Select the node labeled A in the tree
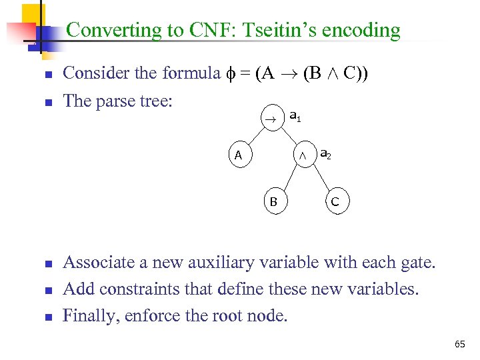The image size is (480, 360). point(239,156)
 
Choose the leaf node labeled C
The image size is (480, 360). point(335,201)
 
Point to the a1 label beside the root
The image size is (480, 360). point(294,116)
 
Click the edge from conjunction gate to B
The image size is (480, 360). point(288,178)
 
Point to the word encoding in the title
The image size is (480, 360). point(365,31)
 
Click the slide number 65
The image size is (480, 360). point(459,344)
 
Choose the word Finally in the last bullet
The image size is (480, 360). point(88,315)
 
